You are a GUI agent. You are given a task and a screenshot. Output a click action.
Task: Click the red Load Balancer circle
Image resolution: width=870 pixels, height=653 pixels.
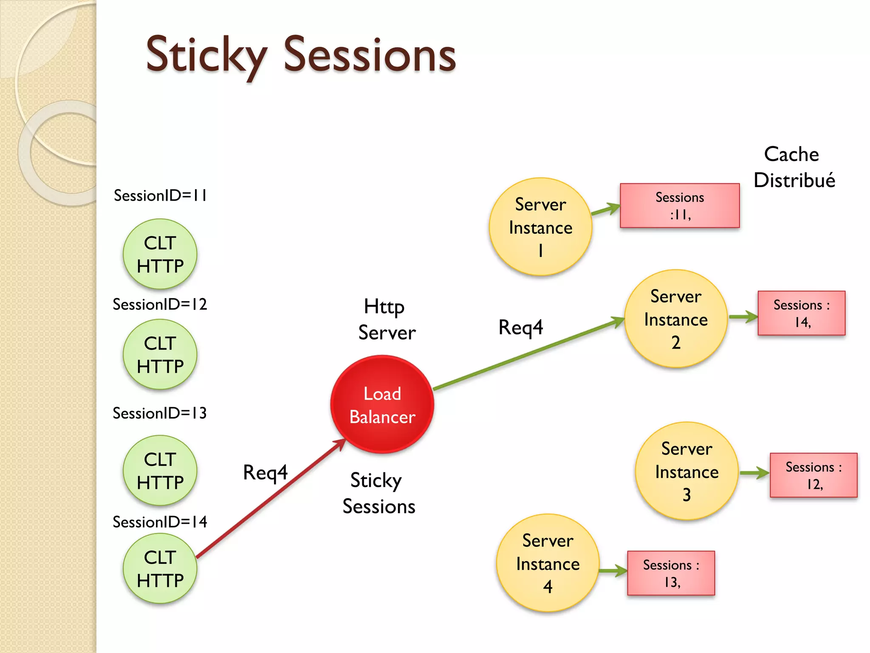[x=382, y=404]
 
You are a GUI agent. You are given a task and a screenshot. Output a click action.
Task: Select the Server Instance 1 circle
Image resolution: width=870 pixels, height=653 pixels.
[x=540, y=227]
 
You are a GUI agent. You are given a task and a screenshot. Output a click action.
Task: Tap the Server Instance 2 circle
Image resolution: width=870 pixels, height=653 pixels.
[x=675, y=318]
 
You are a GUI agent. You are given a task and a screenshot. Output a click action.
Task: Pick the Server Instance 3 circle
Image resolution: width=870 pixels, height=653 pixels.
[x=686, y=471]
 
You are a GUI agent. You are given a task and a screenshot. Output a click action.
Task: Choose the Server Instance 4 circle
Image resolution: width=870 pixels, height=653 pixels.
[x=548, y=563]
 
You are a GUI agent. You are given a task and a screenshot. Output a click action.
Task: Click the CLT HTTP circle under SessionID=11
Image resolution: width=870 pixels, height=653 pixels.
[x=160, y=254]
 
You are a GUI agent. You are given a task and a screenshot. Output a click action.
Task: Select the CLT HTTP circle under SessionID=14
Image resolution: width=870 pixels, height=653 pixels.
[x=160, y=568]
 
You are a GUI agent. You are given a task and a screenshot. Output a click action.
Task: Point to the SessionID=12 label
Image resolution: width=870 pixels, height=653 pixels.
[x=160, y=304]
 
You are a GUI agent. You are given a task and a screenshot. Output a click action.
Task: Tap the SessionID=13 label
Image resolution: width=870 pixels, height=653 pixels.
[x=160, y=413]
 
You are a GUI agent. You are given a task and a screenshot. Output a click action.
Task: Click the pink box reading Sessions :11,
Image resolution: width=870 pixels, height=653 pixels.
[x=679, y=206]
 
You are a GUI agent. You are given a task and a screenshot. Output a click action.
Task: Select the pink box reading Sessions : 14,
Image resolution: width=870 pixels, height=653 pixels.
[x=801, y=313]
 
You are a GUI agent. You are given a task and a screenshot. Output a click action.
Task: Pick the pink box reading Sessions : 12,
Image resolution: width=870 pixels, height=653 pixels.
[x=814, y=475]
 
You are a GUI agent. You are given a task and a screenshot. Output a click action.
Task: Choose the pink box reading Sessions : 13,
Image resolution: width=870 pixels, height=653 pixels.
[x=671, y=573]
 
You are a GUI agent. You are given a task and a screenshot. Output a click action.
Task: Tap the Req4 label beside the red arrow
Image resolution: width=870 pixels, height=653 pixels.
[x=265, y=473]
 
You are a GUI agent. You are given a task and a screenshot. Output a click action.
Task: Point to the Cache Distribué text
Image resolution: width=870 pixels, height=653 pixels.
[x=794, y=167]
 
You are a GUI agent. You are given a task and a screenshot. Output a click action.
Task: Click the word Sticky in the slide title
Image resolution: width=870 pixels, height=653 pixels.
[x=206, y=55]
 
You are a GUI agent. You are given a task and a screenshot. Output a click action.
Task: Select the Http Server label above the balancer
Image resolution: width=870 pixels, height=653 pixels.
[x=386, y=320]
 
